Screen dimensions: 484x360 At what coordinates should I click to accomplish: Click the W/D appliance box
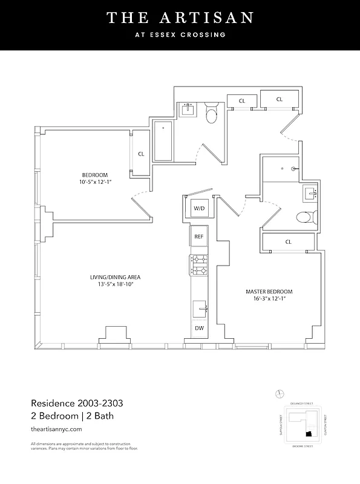click(x=199, y=209)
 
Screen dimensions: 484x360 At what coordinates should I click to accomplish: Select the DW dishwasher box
click(x=199, y=329)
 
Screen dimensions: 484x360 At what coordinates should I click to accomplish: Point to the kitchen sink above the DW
click(x=200, y=309)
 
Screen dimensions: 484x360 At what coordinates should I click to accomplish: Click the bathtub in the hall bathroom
click(x=163, y=142)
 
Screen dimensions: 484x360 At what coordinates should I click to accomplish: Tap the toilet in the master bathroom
click(x=304, y=217)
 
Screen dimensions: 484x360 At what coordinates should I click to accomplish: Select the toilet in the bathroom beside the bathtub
click(x=211, y=114)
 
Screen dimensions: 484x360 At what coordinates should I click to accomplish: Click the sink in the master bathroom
click(x=311, y=194)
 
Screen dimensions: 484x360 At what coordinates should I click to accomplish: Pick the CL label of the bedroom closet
click(x=141, y=154)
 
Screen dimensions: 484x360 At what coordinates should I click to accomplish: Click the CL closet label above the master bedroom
click(x=288, y=242)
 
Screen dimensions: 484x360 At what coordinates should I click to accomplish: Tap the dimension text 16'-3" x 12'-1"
click(x=269, y=299)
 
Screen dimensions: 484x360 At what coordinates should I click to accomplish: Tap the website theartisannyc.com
click(x=56, y=428)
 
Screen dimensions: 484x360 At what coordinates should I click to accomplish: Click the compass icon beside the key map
click(x=279, y=394)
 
